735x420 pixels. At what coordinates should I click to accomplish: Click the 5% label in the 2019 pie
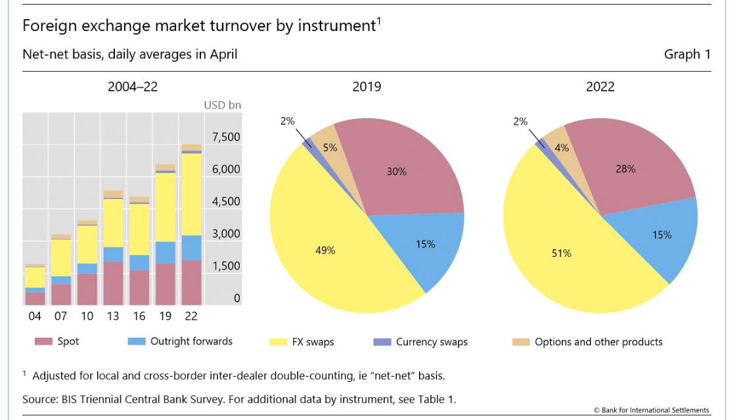(330, 149)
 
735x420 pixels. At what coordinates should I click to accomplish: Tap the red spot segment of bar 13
(113, 283)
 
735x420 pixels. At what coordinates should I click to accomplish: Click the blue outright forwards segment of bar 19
(165, 252)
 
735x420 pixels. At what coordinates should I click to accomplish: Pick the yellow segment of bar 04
(35, 277)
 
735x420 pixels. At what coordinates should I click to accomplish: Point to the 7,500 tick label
(226, 137)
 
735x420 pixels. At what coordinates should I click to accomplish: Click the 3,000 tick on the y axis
(226, 234)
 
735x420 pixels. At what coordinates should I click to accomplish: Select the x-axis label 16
(139, 316)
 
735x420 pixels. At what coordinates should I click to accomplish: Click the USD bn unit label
(223, 105)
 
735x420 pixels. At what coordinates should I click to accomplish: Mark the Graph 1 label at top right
(687, 55)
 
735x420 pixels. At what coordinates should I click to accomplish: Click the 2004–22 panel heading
(133, 87)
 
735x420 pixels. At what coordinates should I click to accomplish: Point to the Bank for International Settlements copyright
(651, 410)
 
